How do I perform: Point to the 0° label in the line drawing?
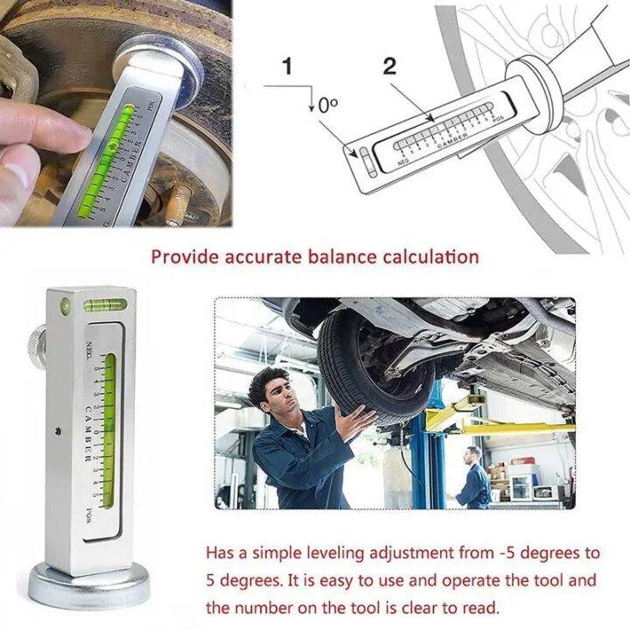point(326,104)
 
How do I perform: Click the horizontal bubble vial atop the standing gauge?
point(105,305)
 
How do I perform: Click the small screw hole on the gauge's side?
point(57,431)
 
